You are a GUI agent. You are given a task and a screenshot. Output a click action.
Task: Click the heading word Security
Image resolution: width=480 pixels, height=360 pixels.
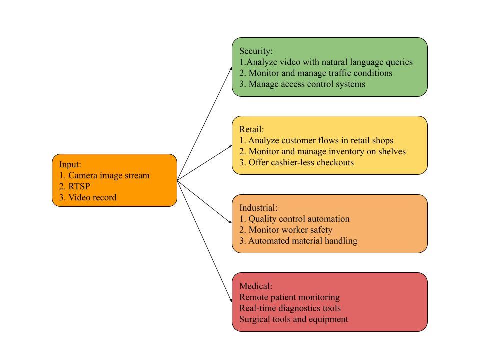click(x=256, y=51)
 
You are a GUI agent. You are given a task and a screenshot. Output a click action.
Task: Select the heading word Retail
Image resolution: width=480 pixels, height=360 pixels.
click(x=251, y=130)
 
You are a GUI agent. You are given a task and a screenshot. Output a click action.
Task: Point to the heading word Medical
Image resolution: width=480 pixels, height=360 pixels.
click(x=256, y=286)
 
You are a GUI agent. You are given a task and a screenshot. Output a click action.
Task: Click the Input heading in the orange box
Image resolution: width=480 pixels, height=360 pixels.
click(x=70, y=165)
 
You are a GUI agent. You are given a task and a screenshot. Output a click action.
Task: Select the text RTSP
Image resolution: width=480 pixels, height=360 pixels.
click(x=79, y=187)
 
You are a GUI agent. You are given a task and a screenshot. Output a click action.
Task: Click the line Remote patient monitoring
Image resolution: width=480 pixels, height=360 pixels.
click(x=289, y=297)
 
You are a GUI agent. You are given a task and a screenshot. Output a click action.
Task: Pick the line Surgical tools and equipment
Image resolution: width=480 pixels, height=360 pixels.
click(x=294, y=319)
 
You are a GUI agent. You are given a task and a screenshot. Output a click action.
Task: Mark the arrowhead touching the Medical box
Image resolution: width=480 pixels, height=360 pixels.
click(x=230, y=299)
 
